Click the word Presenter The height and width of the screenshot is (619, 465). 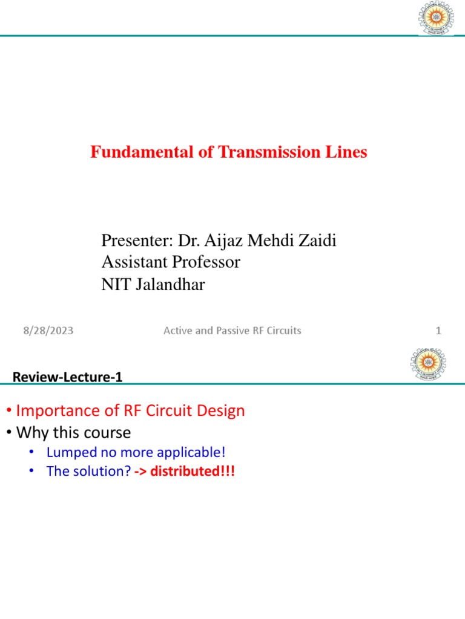pos(136,241)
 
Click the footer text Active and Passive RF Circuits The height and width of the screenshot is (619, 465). pos(232,331)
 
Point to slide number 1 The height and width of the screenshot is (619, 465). pos(438,331)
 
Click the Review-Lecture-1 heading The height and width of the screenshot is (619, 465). pos(68,378)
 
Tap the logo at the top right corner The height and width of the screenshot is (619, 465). pos(432,18)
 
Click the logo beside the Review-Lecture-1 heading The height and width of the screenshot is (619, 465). pos(428,365)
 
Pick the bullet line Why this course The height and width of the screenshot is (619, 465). pos(73,433)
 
